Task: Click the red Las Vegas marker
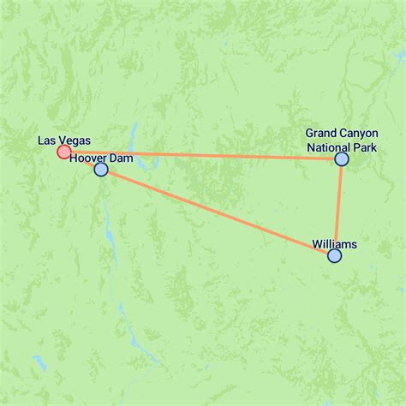coord(63,152)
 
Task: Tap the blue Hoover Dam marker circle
coord(101,170)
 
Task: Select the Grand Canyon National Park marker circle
coord(342,158)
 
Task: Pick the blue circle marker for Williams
coord(334,255)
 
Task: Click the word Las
coord(48,140)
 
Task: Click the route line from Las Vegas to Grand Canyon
coord(214,156)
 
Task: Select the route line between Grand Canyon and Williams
coord(338,206)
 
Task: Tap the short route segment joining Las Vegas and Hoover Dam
coord(82,161)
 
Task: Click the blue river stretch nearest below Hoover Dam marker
coord(107,206)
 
